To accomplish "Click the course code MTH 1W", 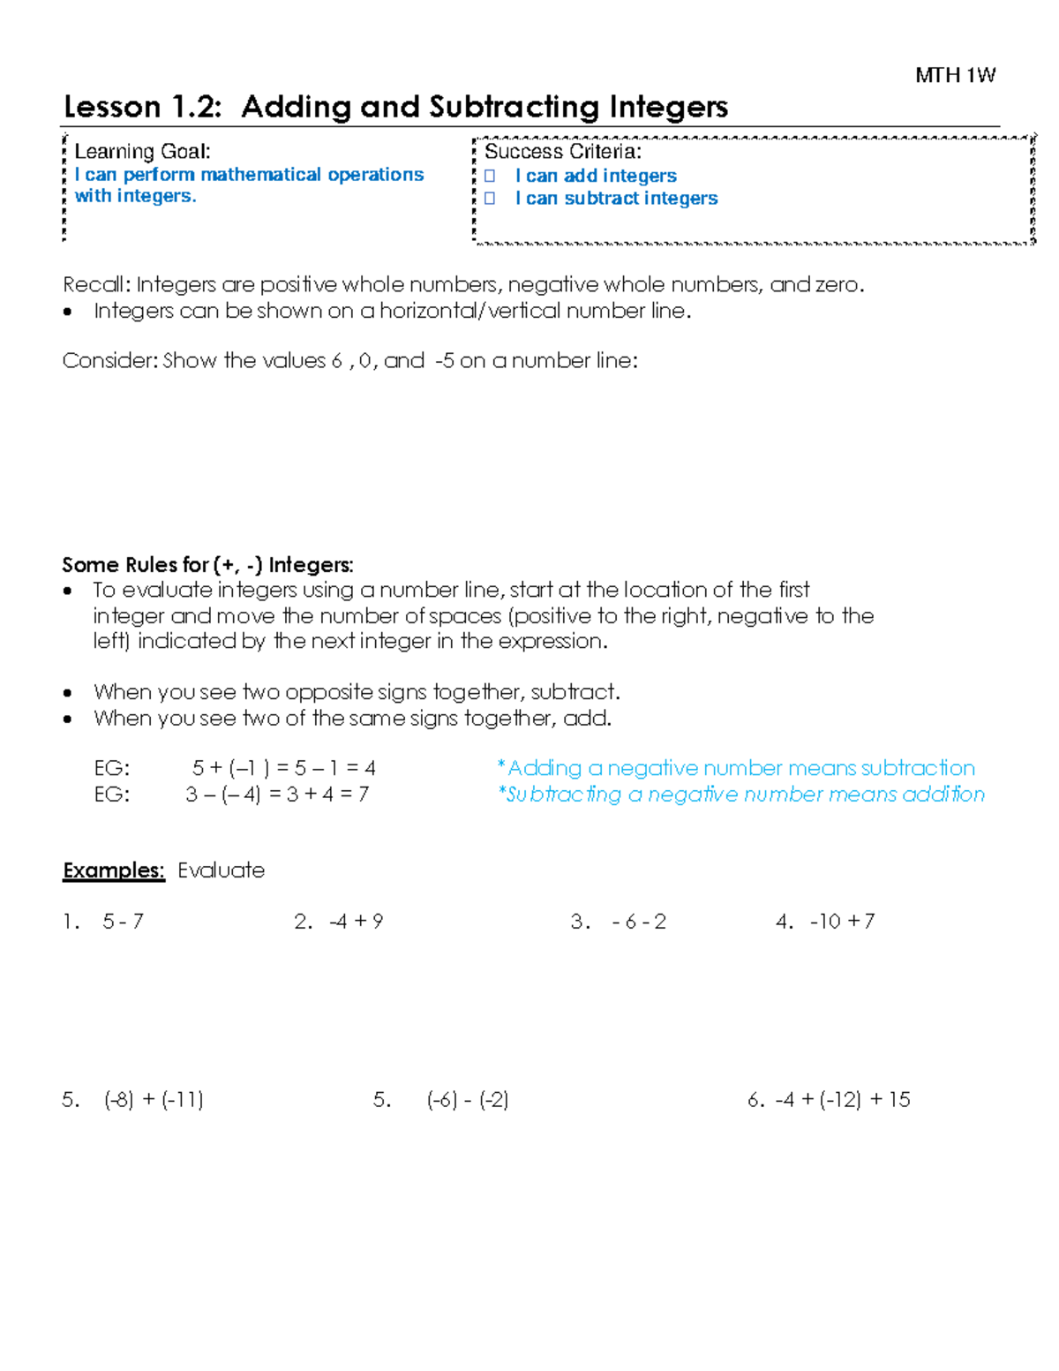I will coord(955,76).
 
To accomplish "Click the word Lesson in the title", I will coord(111,108).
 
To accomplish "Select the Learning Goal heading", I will coord(142,152).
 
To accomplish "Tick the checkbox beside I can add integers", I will coord(491,177).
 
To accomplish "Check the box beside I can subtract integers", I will coord(491,199).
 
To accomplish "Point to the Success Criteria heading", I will coord(562,152).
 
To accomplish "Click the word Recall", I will coord(95,284).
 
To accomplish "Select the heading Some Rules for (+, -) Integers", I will coord(207,565).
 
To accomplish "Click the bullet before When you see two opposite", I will coord(68,693).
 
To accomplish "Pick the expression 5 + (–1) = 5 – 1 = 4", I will coord(283,768).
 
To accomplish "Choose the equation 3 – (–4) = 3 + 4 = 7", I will coord(277,795).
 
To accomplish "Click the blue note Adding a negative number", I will coord(736,768).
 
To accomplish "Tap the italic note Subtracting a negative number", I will coord(741,795).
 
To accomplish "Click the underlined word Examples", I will coord(114,870).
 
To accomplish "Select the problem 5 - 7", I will coord(123,922).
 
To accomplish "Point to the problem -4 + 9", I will coord(356,922).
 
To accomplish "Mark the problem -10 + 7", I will coord(842,922).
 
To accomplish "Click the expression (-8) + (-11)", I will coord(154,1100).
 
